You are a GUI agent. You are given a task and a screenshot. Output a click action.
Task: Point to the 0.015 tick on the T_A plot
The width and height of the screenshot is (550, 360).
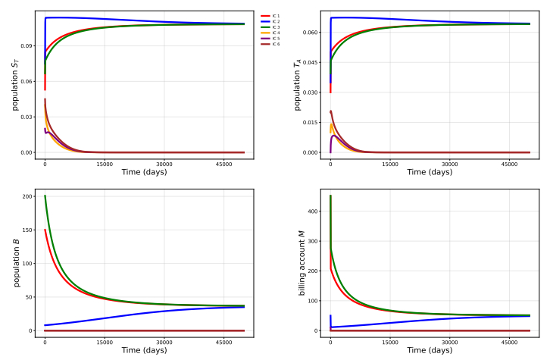click(x=311, y=122)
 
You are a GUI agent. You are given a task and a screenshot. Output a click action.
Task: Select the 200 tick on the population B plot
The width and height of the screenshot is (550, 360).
click(x=29, y=197)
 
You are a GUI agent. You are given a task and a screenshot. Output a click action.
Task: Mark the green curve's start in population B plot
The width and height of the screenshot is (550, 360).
click(x=45, y=196)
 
